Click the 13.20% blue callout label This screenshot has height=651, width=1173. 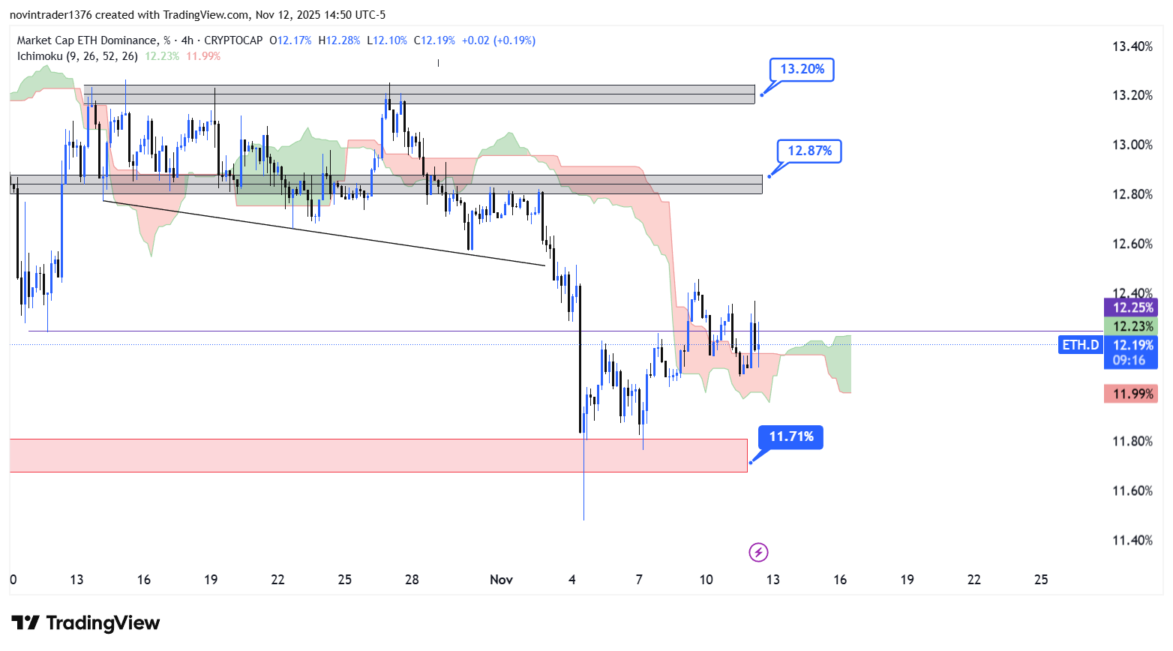pyautogui.click(x=802, y=70)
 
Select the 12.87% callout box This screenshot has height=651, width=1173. pyautogui.click(x=809, y=151)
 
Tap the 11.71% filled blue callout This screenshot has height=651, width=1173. pyautogui.click(x=790, y=436)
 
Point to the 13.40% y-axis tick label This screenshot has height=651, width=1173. pyautogui.click(x=1132, y=46)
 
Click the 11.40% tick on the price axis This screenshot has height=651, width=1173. pyautogui.click(x=1132, y=540)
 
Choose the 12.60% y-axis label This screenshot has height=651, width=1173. pyautogui.click(x=1132, y=244)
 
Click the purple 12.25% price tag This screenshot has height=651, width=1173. pyautogui.click(x=1132, y=307)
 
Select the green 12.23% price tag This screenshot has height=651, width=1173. pyautogui.click(x=1132, y=326)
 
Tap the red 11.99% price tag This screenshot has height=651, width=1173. pyautogui.click(x=1132, y=394)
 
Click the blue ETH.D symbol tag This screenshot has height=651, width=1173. pyautogui.click(x=1080, y=345)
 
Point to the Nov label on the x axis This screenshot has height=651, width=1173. pyautogui.click(x=501, y=580)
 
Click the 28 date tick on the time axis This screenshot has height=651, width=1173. pyautogui.click(x=412, y=580)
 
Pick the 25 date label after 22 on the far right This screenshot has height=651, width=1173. pyautogui.click(x=1041, y=580)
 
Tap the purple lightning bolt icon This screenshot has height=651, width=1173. pyautogui.click(x=758, y=553)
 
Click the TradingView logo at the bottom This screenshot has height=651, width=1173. pyautogui.click(x=85, y=623)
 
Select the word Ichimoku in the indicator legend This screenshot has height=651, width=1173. pyautogui.click(x=40, y=56)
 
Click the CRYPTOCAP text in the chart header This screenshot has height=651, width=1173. pyautogui.click(x=233, y=40)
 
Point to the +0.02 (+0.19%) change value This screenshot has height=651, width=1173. pyautogui.click(x=498, y=40)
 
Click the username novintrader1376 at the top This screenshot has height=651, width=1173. pyautogui.click(x=49, y=15)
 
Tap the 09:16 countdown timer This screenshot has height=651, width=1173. pyautogui.click(x=1129, y=360)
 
